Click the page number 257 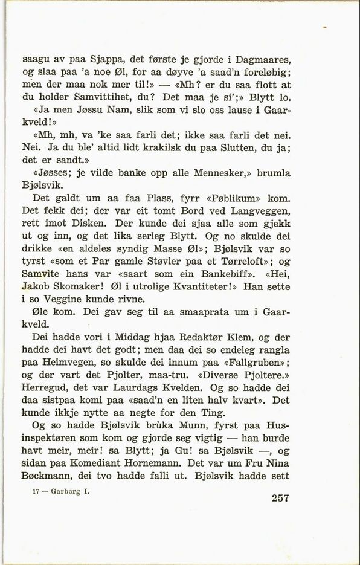click(274, 499)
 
